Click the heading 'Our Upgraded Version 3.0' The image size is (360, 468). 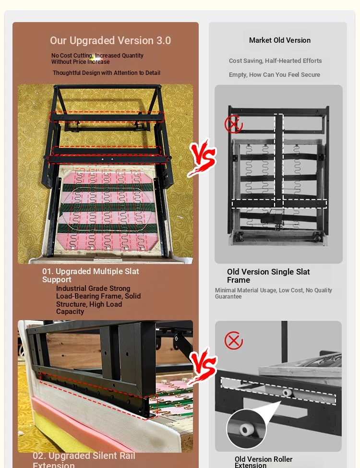click(x=110, y=40)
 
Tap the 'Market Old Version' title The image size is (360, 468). click(x=280, y=40)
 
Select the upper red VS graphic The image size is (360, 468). click(x=203, y=157)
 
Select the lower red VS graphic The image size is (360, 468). click(x=203, y=365)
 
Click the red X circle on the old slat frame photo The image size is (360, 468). click(x=233, y=124)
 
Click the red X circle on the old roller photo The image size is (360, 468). click(x=233, y=340)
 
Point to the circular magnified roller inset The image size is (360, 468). click(x=246, y=429)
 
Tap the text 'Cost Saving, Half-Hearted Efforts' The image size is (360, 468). click(x=275, y=60)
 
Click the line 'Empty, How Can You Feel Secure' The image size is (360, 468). click(x=275, y=74)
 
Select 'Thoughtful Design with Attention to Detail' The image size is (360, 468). click(x=107, y=73)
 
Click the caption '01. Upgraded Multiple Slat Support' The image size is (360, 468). click(x=90, y=275)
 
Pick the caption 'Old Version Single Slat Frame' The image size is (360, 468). click(x=268, y=276)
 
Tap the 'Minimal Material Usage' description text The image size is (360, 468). click(x=274, y=293)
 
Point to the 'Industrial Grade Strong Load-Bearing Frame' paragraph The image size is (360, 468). click(x=98, y=300)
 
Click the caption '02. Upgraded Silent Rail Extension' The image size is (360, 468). click(x=84, y=460)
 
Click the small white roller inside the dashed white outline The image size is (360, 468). click(x=287, y=393)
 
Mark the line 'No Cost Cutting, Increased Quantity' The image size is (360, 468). click(x=97, y=56)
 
